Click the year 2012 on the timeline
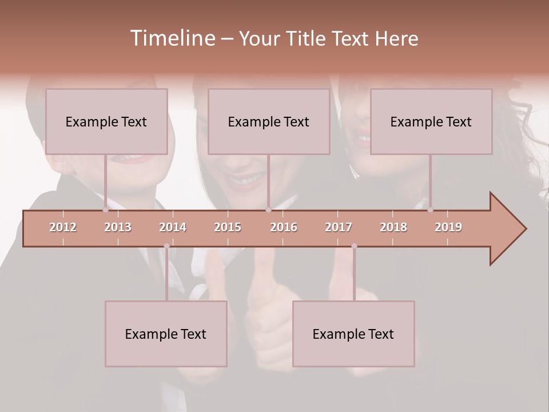[x=63, y=228]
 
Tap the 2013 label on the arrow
[x=118, y=228]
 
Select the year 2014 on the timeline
[x=173, y=228]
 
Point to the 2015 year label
[x=228, y=228]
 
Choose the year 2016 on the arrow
[x=284, y=228]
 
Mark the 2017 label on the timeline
[x=339, y=228]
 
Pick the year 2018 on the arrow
[x=393, y=228]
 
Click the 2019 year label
[x=448, y=228]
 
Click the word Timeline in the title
[x=172, y=38]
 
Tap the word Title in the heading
[x=306, y=38]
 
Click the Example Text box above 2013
[x=106, y=121]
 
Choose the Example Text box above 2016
[x=269, y=121]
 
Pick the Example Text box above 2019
[x=431, y=121]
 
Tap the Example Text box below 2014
[x=166, y=334]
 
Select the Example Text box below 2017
[x=353, y=334]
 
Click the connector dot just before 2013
[x=105, y=209]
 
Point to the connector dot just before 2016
[x=268, y=209]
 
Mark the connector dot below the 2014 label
[x=166, y=246]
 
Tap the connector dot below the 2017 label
[x=354, y=246]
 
